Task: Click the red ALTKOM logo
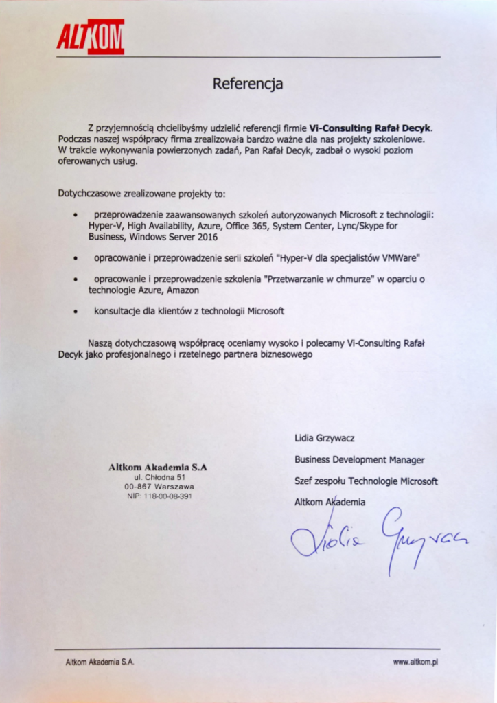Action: tap(91, 36)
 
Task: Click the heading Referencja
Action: tap(248, 84)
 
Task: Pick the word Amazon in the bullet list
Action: tap(183, 290)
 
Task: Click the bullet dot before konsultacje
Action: tap(75, 312)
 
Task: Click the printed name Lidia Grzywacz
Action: tap(325, 438)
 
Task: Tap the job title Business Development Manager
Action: tap(360, 460)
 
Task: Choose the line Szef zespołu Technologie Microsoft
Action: tap(366, 481)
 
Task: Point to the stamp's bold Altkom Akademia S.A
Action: tap(158, 467)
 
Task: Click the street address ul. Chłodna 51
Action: tap(160, 476)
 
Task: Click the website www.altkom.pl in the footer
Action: tap(416, 662)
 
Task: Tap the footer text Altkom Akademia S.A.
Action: tap(100, 662)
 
